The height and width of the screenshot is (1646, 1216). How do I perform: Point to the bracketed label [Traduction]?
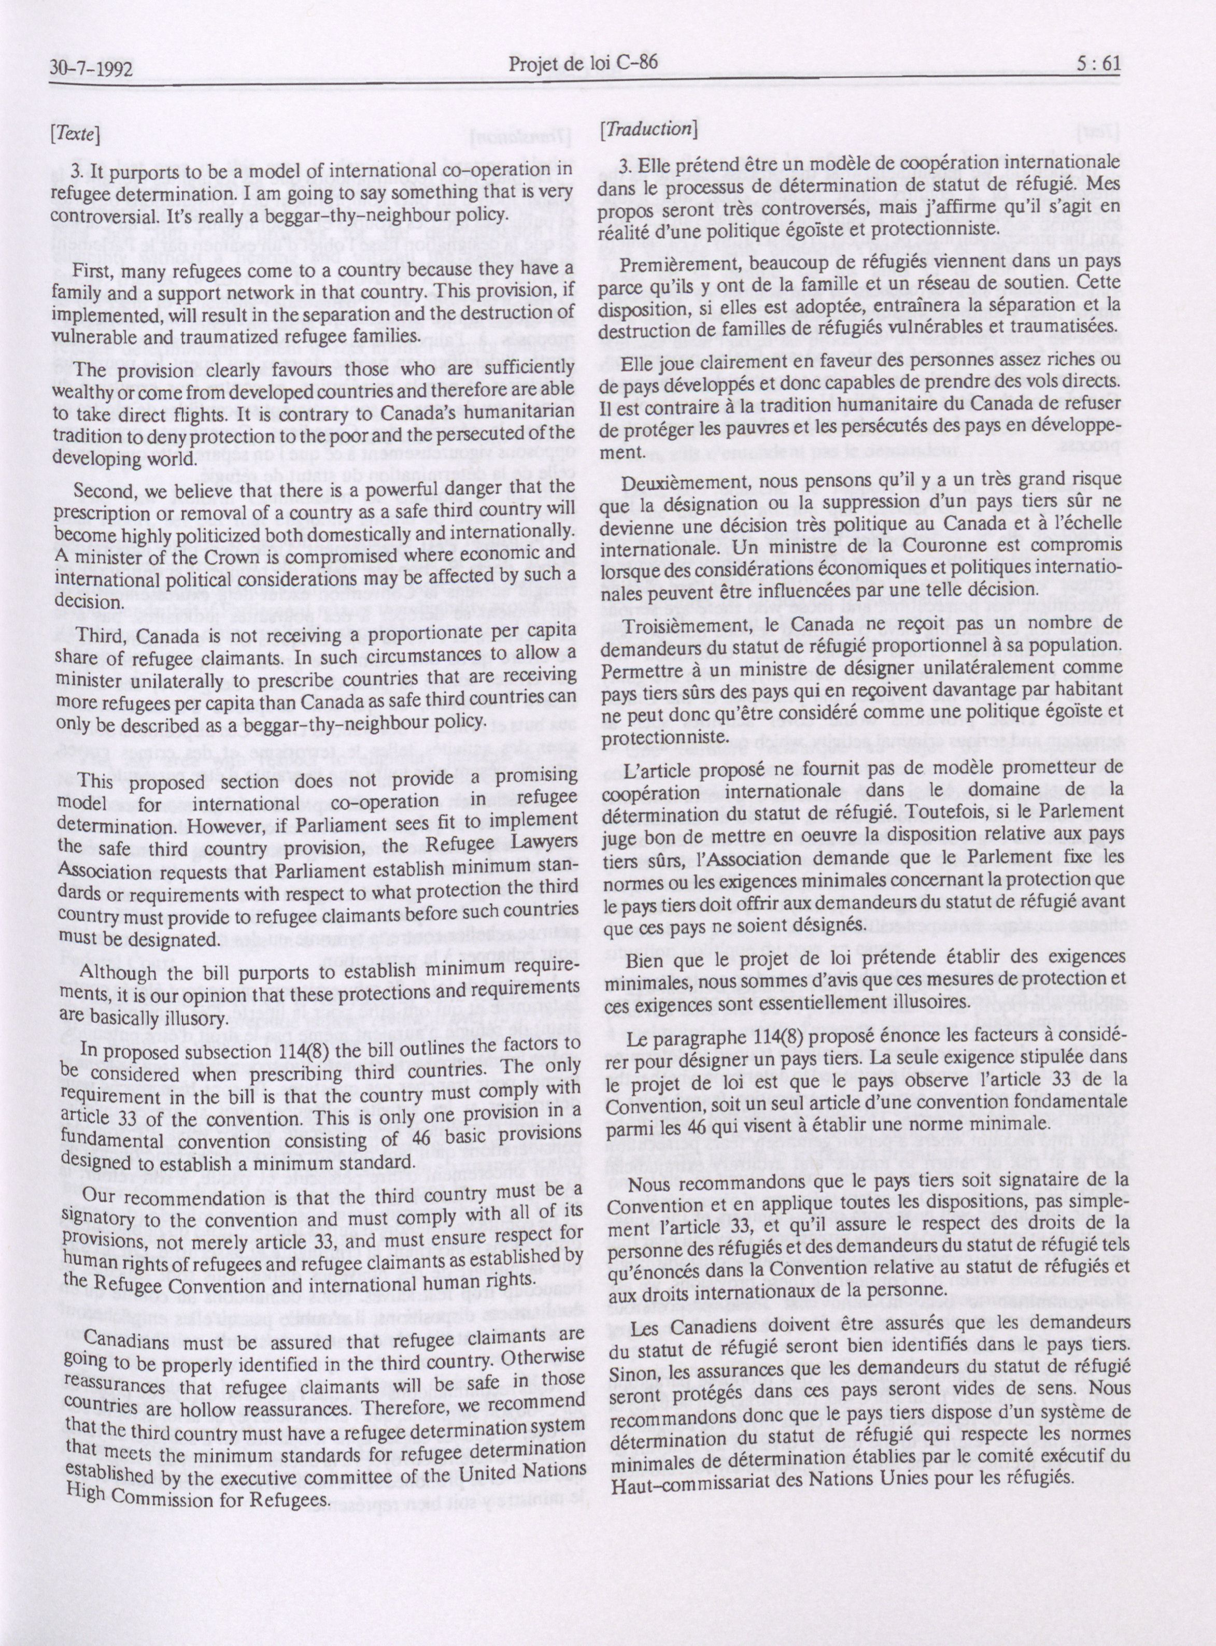(648, 128)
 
